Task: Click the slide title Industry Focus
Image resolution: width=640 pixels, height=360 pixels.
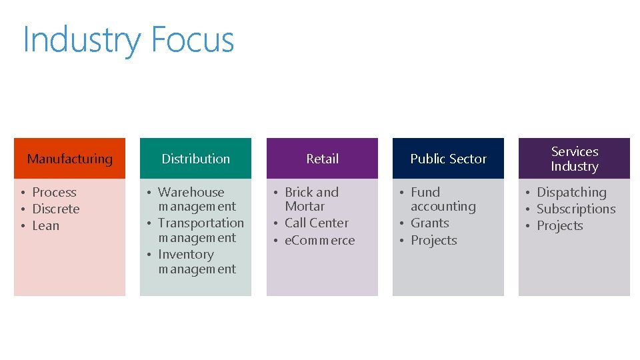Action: (128, 40)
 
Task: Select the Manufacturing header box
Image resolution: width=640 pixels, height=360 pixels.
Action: (69, 159)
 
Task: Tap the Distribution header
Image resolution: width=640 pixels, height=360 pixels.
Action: (195, 159)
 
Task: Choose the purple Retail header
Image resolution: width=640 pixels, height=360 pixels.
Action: (322, 159)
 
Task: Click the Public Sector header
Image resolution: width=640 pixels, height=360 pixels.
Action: (448, 159)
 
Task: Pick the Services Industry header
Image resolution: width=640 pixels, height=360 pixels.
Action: (574, 159)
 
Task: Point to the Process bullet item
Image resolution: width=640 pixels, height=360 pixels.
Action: (54, 192)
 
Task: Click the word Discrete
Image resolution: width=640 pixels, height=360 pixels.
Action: (56, 209)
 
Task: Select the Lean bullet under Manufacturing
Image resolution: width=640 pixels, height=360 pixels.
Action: (45, 225)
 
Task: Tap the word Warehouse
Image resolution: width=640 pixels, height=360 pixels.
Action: (191, 192)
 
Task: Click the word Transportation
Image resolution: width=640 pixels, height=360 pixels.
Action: (201, 223)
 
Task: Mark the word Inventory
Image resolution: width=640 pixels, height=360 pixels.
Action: (185, 254)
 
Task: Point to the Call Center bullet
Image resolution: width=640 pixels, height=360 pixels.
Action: (316, 223)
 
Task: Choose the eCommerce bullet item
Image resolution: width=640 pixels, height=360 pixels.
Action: (319, 240)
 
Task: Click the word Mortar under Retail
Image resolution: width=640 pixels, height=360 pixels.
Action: (305, 207)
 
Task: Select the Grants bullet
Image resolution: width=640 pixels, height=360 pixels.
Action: (429, 223)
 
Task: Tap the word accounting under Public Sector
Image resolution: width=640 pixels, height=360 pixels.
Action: (443, 207)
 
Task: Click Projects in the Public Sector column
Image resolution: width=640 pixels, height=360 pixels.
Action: (433, 240)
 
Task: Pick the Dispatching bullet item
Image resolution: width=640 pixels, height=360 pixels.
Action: (571, 192)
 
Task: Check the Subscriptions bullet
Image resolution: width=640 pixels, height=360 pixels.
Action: (575, 209)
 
